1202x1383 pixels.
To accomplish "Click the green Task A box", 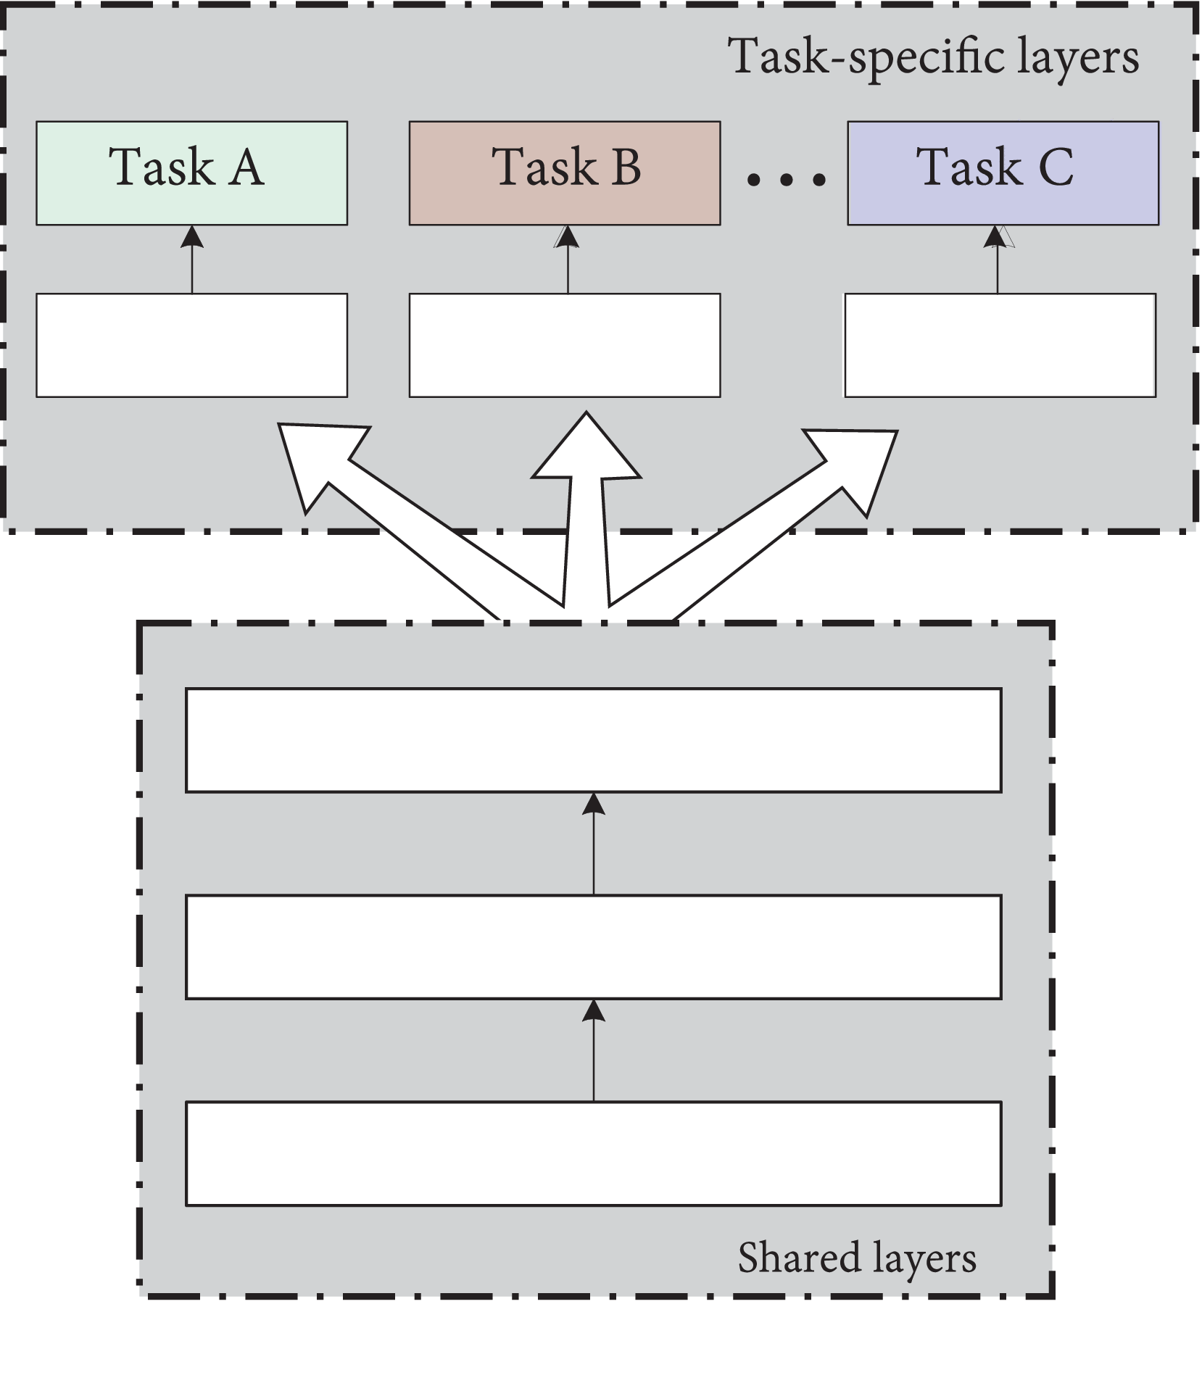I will click(191, 173).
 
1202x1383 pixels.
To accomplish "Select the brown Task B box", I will click(564, 173).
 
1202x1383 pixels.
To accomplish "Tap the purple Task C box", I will click(1003, 173).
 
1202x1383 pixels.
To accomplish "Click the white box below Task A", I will click(191, 345).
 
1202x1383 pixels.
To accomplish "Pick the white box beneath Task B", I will click(564, 345).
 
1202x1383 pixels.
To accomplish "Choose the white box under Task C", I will click(1000, 345).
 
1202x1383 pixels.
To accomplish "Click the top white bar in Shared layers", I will click(593, 740).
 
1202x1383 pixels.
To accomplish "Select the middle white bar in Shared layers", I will click(593, 947).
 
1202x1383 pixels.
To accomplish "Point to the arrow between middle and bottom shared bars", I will click(594, 1050).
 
